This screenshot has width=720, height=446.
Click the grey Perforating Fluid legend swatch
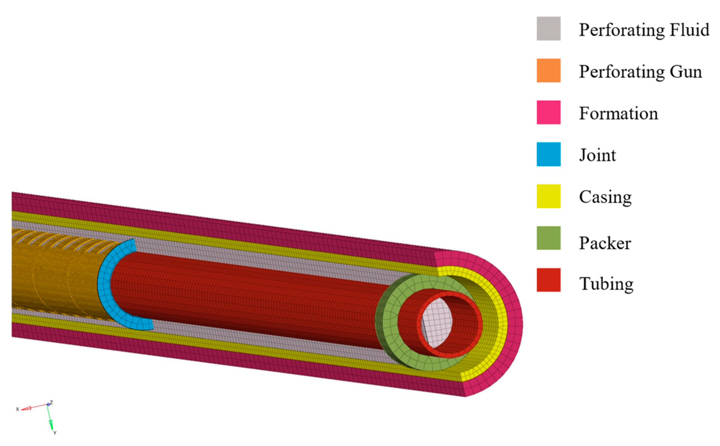548,28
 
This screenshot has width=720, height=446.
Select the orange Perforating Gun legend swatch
548,71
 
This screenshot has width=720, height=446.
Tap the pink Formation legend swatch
548,112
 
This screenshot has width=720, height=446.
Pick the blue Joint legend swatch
548,154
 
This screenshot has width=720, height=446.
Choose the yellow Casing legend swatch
548,196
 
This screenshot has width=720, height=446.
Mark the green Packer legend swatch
548,238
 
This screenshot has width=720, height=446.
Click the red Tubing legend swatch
548,280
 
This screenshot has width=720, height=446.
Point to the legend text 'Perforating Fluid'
644,30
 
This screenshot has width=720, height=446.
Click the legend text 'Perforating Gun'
640,72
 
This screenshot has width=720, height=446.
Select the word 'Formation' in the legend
618,113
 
